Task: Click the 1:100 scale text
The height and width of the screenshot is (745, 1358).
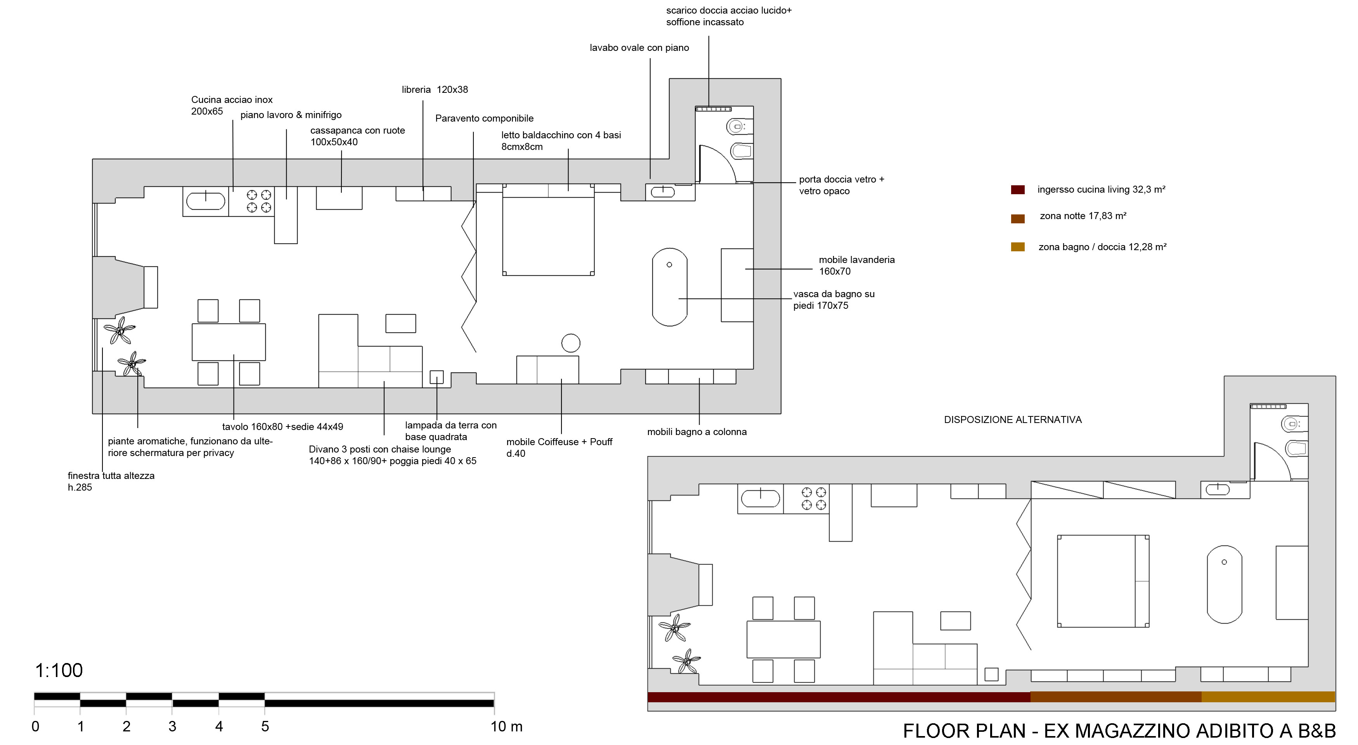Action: pos(59,670)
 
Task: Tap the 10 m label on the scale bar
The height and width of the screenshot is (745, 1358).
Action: pos(506,726)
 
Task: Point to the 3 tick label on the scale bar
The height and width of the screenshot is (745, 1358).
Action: pos(172,726)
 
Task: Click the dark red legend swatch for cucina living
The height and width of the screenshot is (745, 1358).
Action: pos(1017,190)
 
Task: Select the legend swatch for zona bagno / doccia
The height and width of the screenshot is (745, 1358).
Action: pos(1017,247)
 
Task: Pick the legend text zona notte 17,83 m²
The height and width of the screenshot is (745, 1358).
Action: pos(1083,216)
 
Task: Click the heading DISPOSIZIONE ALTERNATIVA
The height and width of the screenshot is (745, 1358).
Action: pos(1012,419)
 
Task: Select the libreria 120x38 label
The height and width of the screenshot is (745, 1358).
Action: pos(435,90)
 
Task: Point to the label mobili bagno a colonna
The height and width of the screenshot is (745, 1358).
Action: pos(696,432)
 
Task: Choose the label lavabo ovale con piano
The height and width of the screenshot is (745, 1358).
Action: pos(639,48)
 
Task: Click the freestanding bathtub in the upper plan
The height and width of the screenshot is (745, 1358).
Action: pos(670,287)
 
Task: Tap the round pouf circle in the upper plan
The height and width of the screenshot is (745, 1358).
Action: pos(571,343)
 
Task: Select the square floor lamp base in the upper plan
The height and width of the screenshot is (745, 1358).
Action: pos(436,377)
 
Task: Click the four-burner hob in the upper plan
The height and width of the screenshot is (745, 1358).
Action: pos(259,201)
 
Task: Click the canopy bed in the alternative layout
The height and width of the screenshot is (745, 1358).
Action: pos(1102,581)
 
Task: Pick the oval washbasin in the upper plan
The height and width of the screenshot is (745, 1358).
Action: pos(663,192)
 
